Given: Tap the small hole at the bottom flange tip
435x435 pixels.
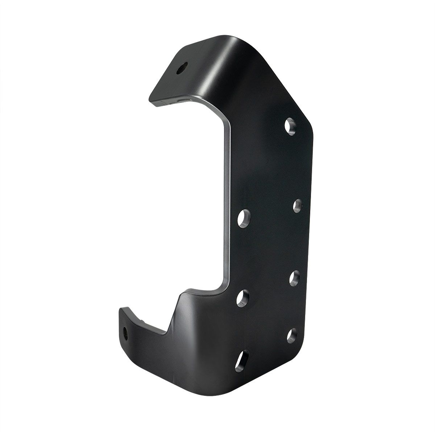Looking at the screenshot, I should tap(126, 332).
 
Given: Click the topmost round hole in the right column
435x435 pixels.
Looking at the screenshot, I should tap(291, 127).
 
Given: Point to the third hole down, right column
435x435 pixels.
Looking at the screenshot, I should tap(295, 278).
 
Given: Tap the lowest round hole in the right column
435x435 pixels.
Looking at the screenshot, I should tap(292, 335).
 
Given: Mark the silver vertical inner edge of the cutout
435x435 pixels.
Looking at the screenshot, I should tap(227, 203).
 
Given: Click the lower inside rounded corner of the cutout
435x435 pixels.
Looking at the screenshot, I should tap(219, 285).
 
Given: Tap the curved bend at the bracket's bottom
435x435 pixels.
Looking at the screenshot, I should tap(203, 373).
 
